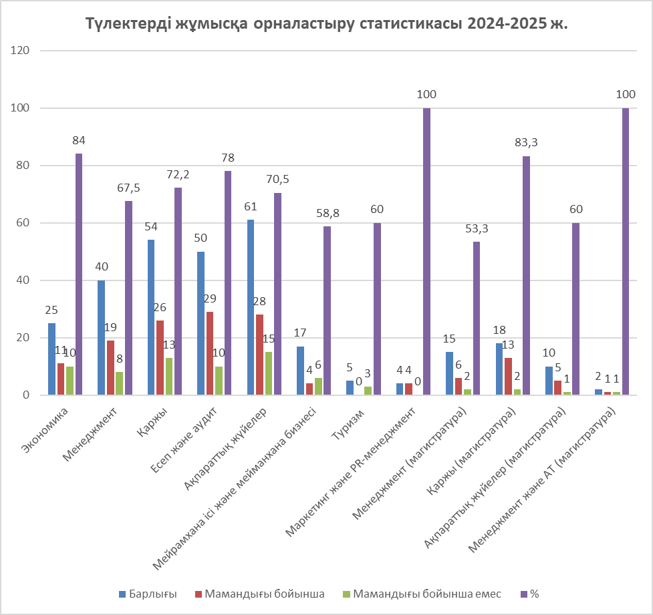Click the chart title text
point(326,24)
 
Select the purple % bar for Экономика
point(79,274)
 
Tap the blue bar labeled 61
point(251,307)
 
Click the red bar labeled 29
point(210,353)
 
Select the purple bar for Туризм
point(377,309)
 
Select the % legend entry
point(534,594)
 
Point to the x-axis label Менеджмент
point(100,431)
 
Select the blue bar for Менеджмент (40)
point(101,337)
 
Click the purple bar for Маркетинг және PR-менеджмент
point(426,251)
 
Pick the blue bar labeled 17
point(300,371)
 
